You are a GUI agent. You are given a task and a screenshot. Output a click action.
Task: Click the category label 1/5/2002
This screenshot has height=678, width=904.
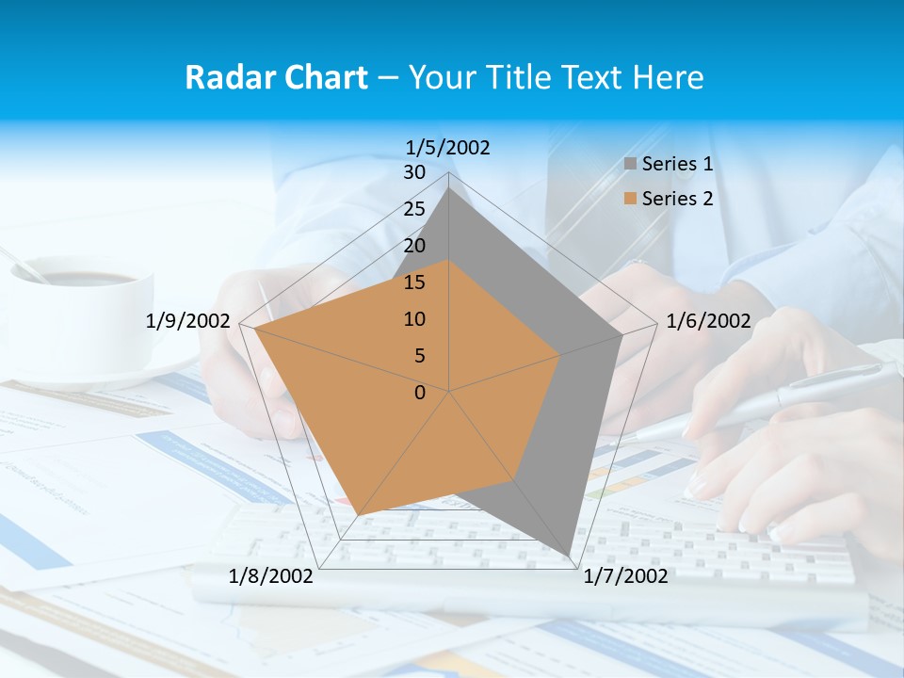pyautogui.click(x=448, y=147)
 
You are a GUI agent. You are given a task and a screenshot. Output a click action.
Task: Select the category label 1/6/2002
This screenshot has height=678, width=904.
pyautogui.click(x=708, y=321)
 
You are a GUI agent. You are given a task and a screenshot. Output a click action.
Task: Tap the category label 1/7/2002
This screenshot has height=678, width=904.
pyautogui.click(x=625, y=575)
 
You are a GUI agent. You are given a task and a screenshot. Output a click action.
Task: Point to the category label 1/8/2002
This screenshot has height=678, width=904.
pyautogui.click(x=271, y=575)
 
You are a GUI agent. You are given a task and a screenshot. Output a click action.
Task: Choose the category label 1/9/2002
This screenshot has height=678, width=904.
pyautogui.click(x=188, y=321)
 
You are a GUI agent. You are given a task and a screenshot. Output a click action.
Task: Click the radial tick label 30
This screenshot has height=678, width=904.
pyautogui.click(x=414, y=172)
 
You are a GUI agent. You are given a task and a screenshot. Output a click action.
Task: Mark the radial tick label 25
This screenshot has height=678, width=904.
pyautogui.click(x=414, y=209)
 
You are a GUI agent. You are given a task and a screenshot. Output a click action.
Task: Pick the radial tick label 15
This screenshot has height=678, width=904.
pyautogui.click(x=414, y=282)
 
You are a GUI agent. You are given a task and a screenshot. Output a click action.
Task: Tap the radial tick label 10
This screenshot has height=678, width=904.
pyautogui.click(x=414, y=319)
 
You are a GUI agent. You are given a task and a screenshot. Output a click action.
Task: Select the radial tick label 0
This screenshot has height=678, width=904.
pyautogui.click(x=420, y=393)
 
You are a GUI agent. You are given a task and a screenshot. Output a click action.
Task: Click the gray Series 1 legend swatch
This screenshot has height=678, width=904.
pyautogui.click(x=631, y=164)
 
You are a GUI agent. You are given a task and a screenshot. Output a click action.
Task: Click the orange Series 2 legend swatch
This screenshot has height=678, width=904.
pyautogui.click(x=631, y=199)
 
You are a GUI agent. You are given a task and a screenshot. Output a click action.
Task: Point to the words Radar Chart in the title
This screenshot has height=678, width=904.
pyautogui.click(x=276, y=77)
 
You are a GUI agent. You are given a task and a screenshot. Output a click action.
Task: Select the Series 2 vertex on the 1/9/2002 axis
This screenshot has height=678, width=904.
pyautogui.click(x=255, y=329)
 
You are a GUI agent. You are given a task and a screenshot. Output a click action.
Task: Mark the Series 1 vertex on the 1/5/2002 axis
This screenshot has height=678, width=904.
pyautogui.click(x=449, y=187)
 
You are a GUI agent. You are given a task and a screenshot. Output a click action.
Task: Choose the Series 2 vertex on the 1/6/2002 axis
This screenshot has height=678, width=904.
pyautogui.click(x=560, y=355)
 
